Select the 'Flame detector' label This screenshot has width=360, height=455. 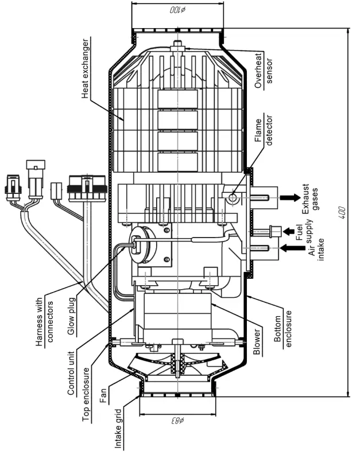(x=262, y=133)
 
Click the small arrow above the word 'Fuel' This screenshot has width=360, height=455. (x=277, y=232)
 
